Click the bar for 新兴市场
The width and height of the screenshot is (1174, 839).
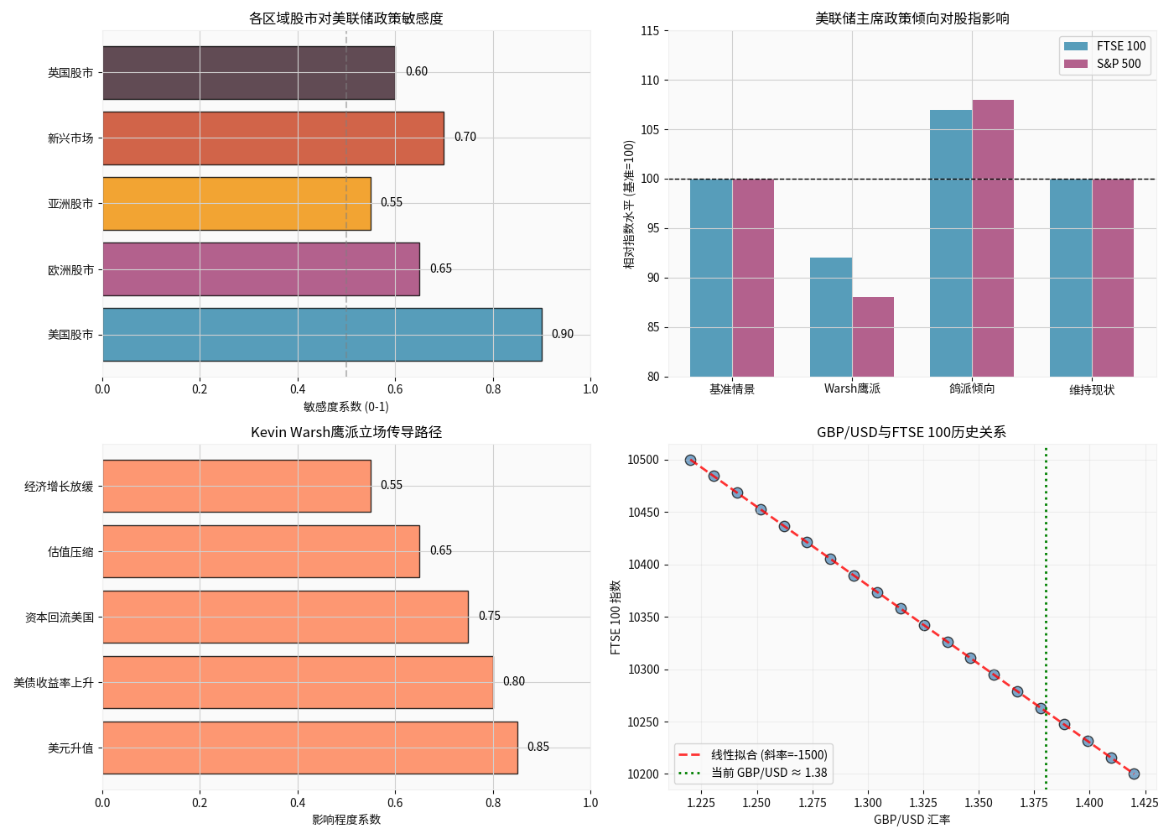[x=273, y=138]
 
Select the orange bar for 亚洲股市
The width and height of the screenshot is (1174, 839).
[x=236, y=204]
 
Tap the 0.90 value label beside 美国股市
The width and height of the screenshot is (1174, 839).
[x=563, y=334]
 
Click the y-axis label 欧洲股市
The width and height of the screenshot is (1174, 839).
[x=70, y=270]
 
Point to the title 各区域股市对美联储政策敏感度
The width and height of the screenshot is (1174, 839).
[x=345, y=18]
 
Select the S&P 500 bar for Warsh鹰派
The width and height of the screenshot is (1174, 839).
[x=873, y=336]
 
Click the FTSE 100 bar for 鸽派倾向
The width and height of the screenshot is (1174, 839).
[x=951, y=243]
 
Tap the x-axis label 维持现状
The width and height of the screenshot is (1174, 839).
[x=1092, y=390]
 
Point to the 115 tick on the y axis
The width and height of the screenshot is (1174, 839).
[x=650, y=31]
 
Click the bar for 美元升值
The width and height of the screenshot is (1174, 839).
[x=310, y=748]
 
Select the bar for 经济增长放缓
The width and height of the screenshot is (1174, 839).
[x=236, y=486]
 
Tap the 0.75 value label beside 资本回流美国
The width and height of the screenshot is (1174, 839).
[x=490, y=616]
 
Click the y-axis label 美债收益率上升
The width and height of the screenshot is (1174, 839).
[x=54, y=683]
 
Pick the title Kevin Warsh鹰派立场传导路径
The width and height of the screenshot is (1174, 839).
[x=345, y=432]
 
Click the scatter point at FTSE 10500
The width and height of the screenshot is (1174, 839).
[x=690, y=460]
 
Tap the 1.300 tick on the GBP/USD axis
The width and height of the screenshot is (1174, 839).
[x=868, y=803]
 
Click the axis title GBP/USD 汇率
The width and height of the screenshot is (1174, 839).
[x=912, y=820]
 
